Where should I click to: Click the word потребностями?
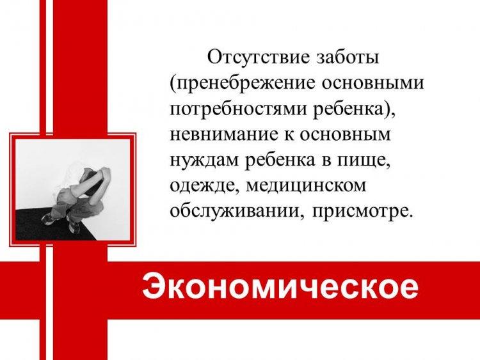[238, 109]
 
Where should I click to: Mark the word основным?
[345, 134]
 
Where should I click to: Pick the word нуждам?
[204, 161]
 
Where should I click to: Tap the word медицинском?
[306, 186]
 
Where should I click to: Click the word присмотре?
[360, 212]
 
